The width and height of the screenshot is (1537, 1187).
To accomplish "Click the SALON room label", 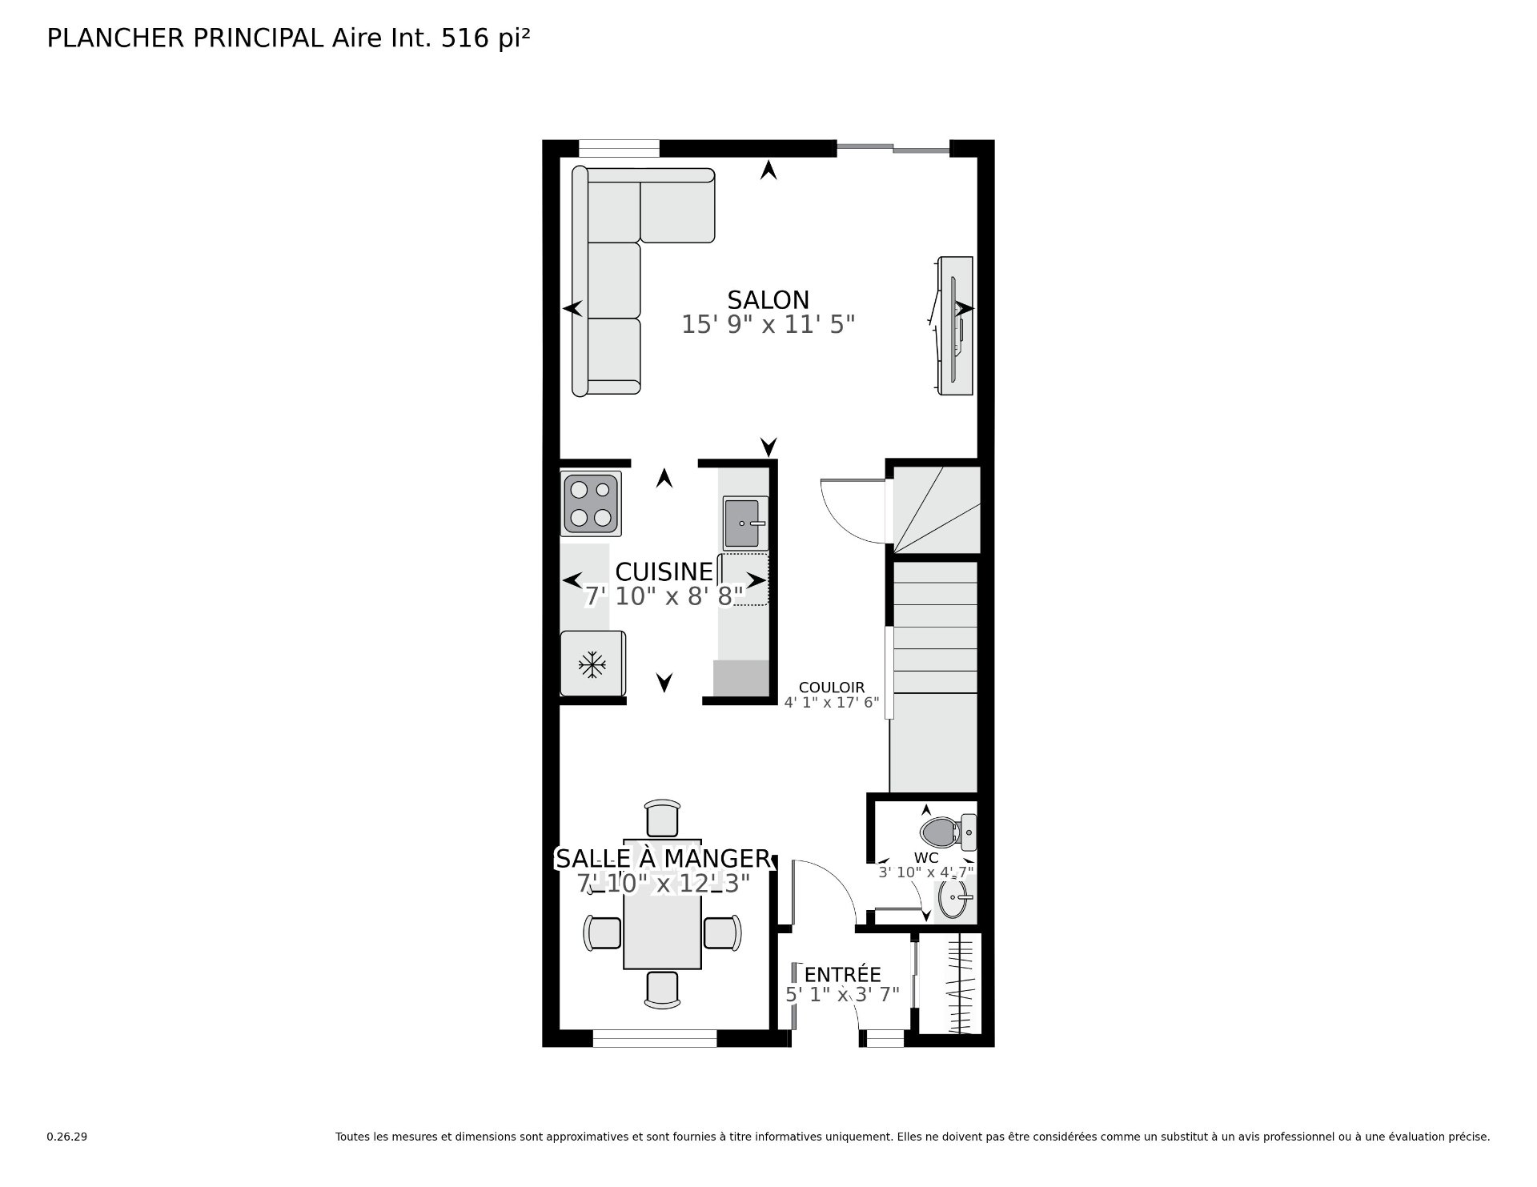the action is (x=768, y=299).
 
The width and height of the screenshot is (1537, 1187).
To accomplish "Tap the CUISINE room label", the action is (x=664, y=571).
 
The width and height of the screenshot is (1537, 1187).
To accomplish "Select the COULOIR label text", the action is (x=832, y=688).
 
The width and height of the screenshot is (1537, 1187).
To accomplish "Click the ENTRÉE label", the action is (x=842, y=974).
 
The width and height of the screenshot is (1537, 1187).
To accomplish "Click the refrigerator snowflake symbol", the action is (x=592, y=664).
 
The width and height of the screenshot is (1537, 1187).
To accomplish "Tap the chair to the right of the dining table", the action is (x=723, y=932).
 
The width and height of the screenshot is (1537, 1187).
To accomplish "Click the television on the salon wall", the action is (x=954, y=326).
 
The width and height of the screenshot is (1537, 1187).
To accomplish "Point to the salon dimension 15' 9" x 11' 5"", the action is (x=768, y=324).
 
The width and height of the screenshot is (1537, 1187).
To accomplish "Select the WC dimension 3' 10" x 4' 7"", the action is (x=926, y=872).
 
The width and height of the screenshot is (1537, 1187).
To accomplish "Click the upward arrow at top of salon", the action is (x=768, y=170).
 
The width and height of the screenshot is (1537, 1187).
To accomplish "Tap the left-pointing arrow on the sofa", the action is (x=572, y=308).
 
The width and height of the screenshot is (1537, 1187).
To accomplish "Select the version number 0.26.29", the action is (x=66, y=1137).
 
